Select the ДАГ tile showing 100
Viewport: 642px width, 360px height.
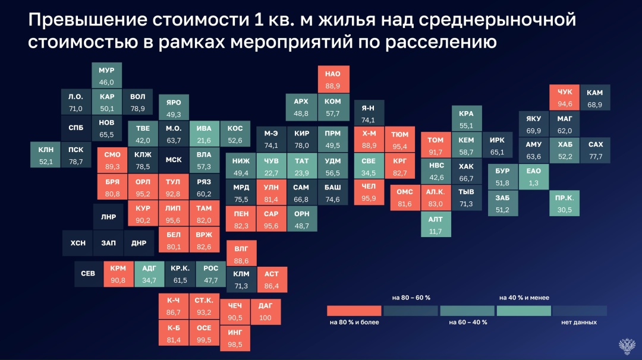click(265, 312)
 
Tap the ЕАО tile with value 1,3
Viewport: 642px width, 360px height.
click(533, 176)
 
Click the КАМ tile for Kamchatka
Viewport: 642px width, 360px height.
click(594, 99)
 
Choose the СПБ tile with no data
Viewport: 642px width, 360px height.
click(76, 128)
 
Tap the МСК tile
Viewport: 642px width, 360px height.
click(174, 160)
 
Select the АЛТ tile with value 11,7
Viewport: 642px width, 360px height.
click(435, 225)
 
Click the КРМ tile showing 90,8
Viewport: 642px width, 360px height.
click(118, 274)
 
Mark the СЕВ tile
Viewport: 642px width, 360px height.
click(88, 274)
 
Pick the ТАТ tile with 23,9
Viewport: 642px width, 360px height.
click(302, 167)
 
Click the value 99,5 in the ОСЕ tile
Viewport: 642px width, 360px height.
click(204, 339)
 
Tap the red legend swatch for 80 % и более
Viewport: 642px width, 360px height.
click(354, 311)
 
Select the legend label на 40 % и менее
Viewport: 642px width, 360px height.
click(524, 297)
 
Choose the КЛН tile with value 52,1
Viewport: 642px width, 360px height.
click(46, 156)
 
